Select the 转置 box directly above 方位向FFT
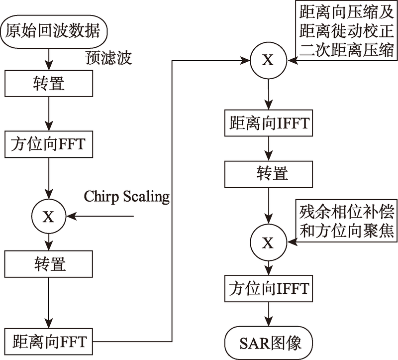49,83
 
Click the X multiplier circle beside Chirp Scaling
49,216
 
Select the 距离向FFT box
49,342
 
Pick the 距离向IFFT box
268,121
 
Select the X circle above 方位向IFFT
268,243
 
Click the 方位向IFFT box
268,288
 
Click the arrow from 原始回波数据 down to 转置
49,57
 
